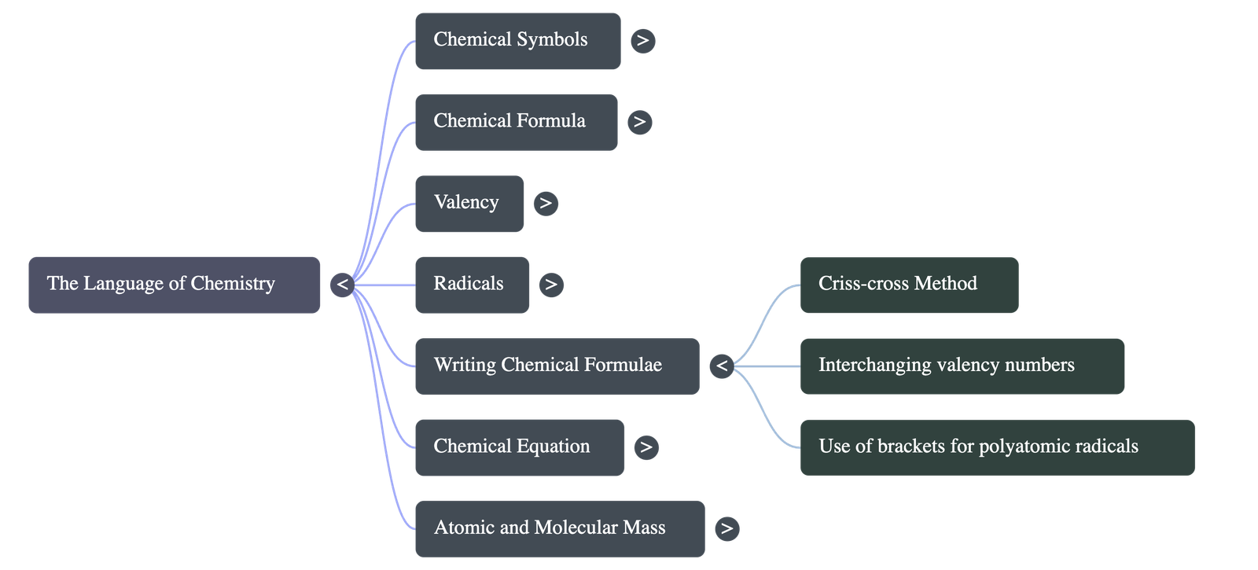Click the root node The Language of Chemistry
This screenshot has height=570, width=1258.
tap(174, 285)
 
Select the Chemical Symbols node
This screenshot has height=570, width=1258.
tap(517, 41)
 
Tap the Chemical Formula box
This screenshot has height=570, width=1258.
tap(516, 122)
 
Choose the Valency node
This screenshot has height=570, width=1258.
tap(469, 204)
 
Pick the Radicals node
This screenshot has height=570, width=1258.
tap(471, 285)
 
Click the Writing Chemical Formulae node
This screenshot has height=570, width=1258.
tap(556, 366)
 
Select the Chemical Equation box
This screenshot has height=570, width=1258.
tap(519, 447)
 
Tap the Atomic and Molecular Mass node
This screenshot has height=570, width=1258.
tap(559, 528)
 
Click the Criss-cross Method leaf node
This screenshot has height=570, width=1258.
tap(908, 285)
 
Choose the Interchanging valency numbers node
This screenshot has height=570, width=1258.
tap(962, 366)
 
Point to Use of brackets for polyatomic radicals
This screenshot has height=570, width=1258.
tap(997, 447)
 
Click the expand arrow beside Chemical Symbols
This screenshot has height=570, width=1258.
tap(642, 41)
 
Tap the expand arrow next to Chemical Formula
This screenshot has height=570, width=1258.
tap(639, 122)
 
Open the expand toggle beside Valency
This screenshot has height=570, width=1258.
tap(546, 204)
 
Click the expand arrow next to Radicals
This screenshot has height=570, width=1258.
tap(550, 285)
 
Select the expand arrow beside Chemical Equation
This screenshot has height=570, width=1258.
tap(646, 447)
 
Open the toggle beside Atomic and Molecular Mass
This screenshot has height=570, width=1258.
tap(726, 528)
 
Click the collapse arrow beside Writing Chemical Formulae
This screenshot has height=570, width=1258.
tap(721, 366)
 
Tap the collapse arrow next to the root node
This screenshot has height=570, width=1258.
tap(342, 285)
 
